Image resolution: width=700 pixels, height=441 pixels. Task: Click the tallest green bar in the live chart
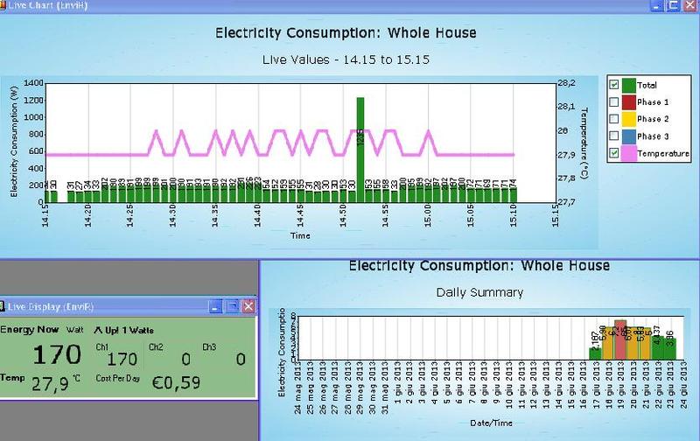(x=360, y=149)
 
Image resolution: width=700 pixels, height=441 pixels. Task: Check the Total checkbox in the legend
(x=614, y=85)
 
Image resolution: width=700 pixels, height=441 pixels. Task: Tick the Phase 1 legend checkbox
(x=614, y=102)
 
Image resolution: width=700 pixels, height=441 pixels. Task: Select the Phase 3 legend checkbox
(x=614, y=136)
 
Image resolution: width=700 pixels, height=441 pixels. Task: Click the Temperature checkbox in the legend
(x=614, y=153)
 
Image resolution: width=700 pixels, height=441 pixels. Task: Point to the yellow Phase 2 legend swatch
(x=626, y=119)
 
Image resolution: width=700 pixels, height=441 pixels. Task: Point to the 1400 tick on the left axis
(x=33, y=83)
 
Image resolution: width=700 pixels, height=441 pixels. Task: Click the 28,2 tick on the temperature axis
(x=566, y=83)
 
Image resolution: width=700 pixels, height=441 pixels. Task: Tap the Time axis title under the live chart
(x=300, y=235)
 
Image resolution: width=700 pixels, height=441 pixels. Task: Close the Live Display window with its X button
(x=248, y=306)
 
